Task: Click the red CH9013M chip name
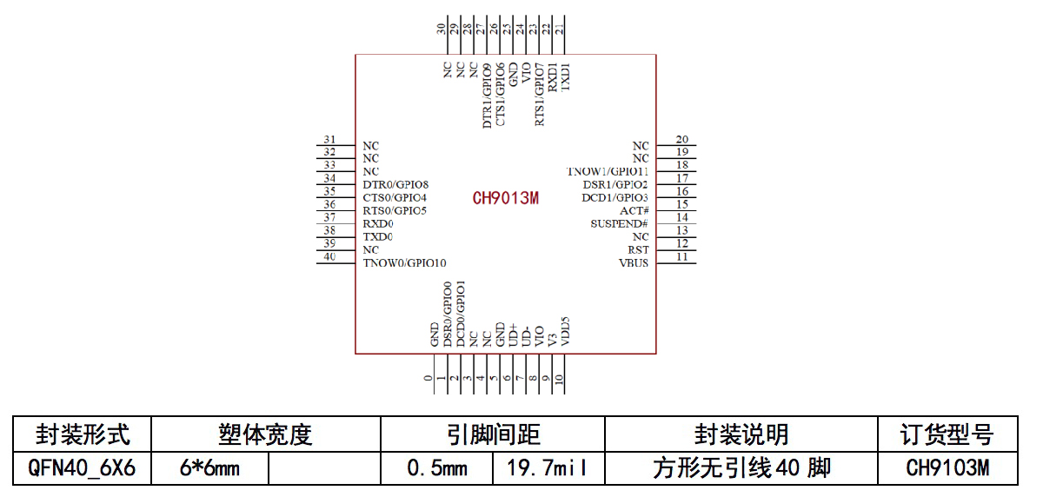pyautogui.click(x=506, y=198)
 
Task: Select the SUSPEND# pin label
pyautogui.click(x=619, y=224)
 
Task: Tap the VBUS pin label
pyautogui.click(x=634, y=263)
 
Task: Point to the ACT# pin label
pyautogui.click(x=634, y=211)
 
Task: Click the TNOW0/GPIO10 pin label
pyautogui.click(x=405, y=263)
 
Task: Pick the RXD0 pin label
pyautogui.click(x=378, y=224)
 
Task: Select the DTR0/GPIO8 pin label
pyautogui.click(x=395, y=185)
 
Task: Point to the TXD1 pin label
pyautogui.click(x=566, y=76)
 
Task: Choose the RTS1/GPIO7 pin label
pyautogui.click(x=540, y=94)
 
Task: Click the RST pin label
pyautogui.click(x=639, y=250)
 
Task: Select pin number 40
pyautogui.click(x=329, y=256)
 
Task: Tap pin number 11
pyautogui.click(x=682, y=257)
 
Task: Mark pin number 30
pyautogui.click(x=442, y=29)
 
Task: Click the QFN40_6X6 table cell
pyautogui.click(x=83, y=469)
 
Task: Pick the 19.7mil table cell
pyautogui.click(x=548, y=469)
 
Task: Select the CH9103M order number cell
pyautogui.click(x=947, y=469)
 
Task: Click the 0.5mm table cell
pyautogui.click(x=437, y=469)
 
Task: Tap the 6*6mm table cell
pyautogui.click(x=210, y=469)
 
